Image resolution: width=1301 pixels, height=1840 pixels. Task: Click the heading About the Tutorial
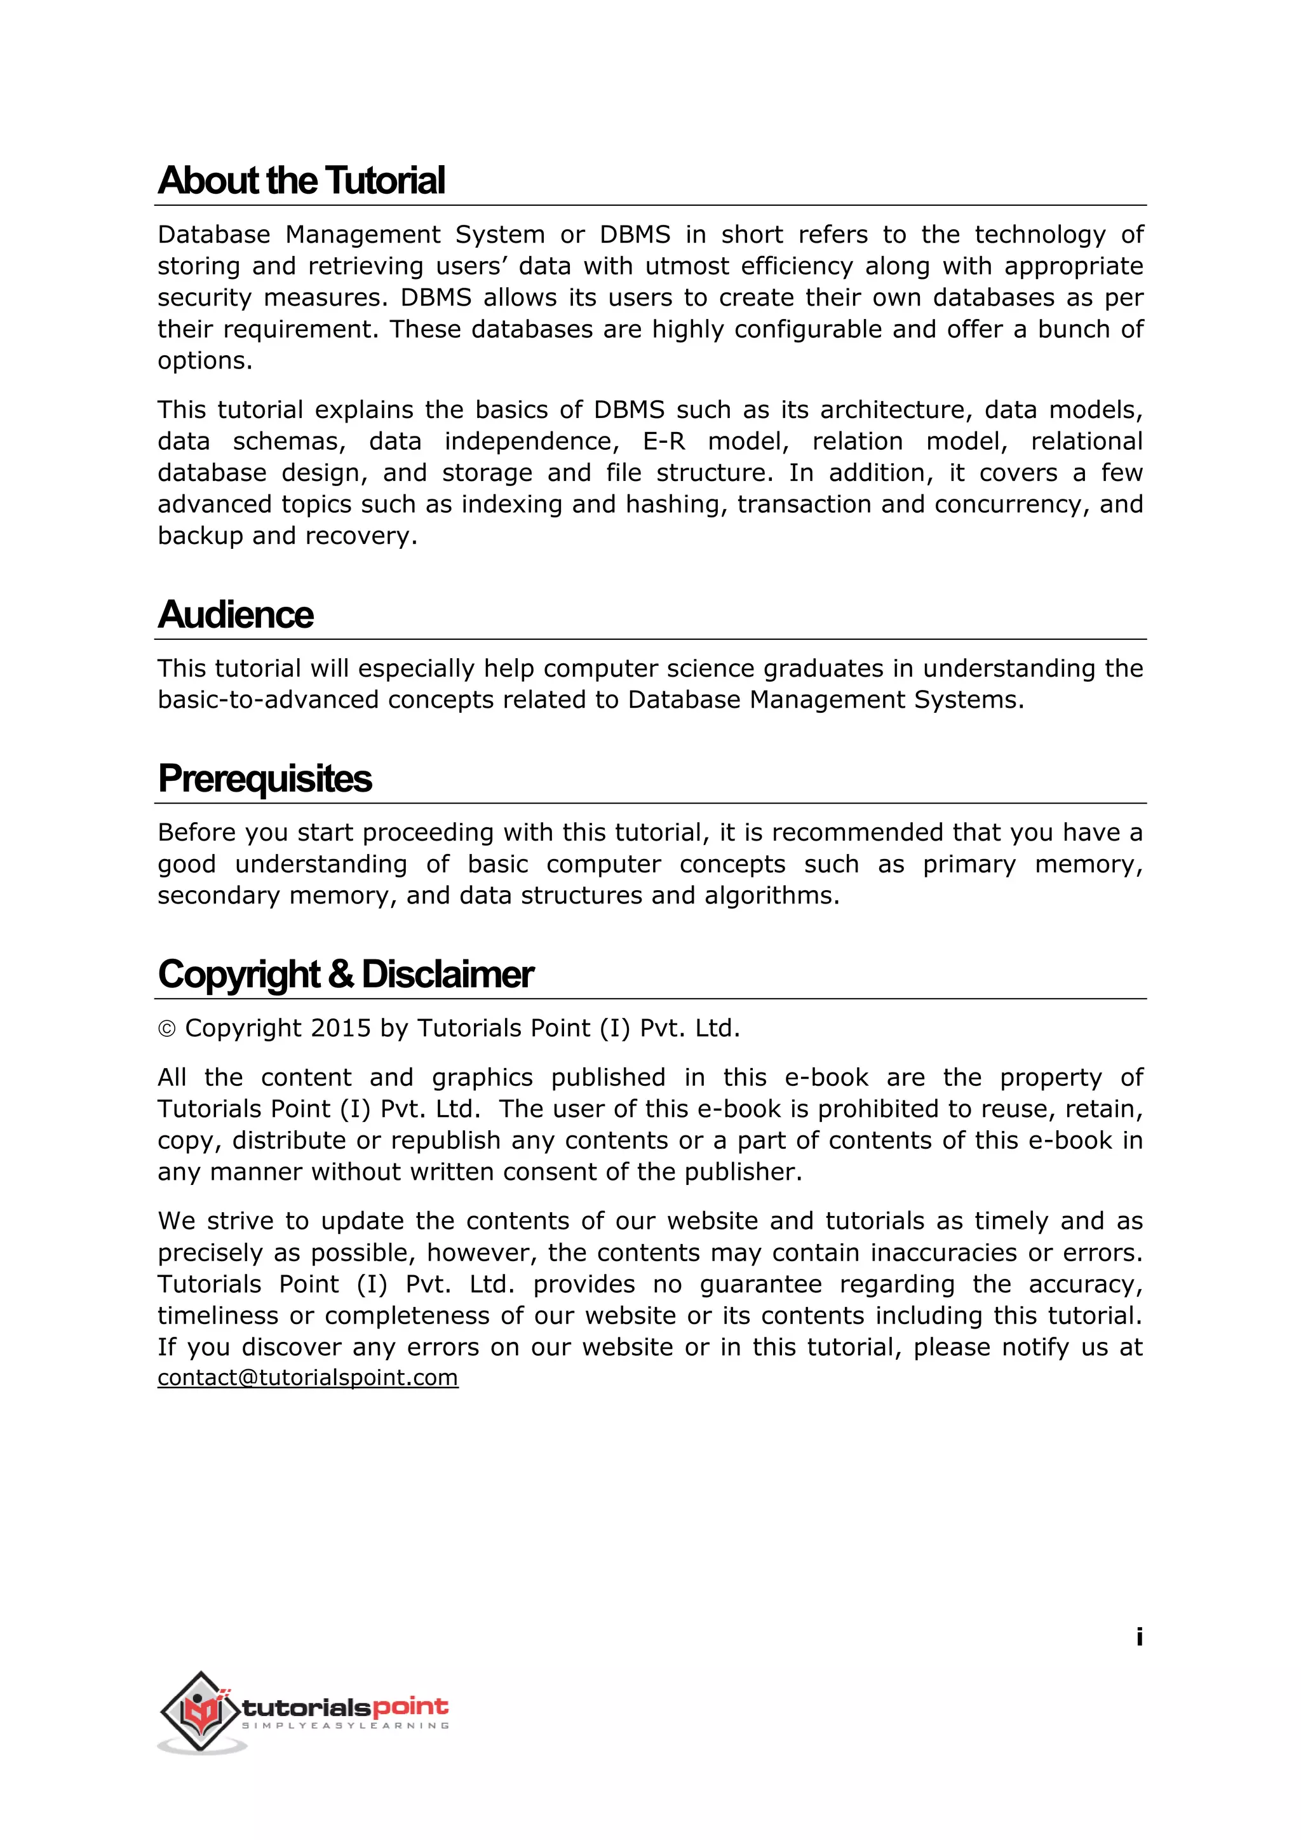[301, 180]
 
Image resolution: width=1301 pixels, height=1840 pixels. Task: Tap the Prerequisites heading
[264, 778]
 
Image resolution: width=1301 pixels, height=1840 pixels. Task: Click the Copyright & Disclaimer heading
[346, 975]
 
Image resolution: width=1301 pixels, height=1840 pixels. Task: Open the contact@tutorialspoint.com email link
[307, 1377]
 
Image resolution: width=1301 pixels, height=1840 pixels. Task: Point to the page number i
[1138, 1637]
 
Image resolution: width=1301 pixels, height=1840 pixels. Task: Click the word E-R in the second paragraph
[664, 442]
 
